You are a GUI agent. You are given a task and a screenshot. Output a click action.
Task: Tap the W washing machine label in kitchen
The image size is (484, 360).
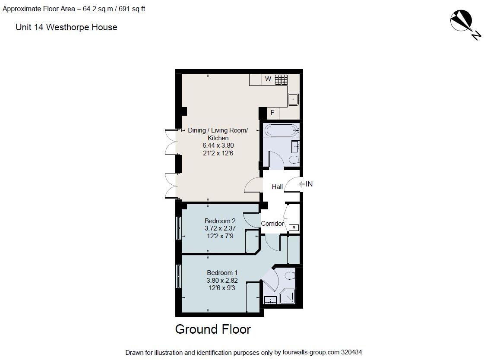268,79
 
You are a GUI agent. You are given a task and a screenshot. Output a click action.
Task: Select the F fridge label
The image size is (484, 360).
272,113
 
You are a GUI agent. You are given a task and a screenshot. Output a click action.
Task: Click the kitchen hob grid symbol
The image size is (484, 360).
281,79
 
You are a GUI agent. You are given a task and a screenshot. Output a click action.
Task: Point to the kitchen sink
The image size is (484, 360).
294,99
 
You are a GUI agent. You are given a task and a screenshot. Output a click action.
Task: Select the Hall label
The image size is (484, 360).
277,187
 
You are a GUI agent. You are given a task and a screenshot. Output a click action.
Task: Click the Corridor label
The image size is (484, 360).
272,224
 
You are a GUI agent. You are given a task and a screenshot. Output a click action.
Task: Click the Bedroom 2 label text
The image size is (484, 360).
220,221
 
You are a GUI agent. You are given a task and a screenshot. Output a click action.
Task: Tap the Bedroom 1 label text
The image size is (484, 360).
222,273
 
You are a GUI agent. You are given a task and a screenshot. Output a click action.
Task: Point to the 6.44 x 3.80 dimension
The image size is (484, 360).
218,146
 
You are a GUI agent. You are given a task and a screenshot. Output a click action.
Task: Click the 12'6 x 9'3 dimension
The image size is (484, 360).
222,287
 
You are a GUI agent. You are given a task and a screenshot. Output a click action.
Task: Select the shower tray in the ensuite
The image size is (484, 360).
287,297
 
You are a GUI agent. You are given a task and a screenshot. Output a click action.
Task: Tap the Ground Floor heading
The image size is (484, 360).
213,329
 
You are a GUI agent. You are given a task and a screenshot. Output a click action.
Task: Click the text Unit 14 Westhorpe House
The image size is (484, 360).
66,27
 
